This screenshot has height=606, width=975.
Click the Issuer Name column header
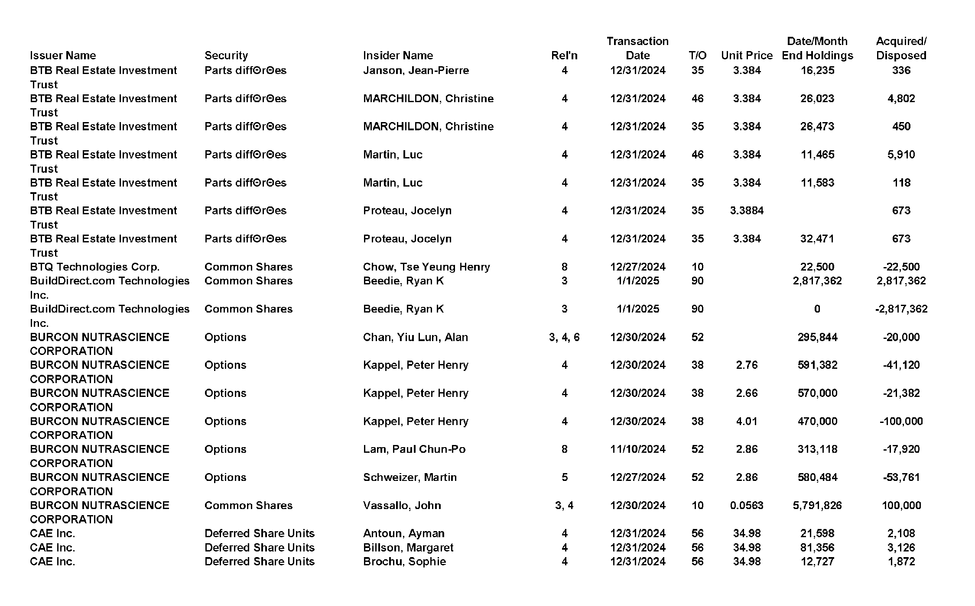pyautogui.click(x=63, y=55)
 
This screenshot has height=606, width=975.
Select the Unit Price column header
pyautogui.click(x=747, y=55)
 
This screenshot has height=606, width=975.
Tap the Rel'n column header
pyautogui.click(x=564, y=55)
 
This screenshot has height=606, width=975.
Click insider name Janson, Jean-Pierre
pyautogui.click(x=416, y=70)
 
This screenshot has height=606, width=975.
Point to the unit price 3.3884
pyautogui.click(x=747, y=210)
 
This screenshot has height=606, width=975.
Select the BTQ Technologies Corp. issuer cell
pyautogui.click(x=94, y=267)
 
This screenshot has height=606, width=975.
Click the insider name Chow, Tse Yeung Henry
pyautogui.click(x=426, y=267)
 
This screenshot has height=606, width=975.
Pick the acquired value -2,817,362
pyautogui.click(x=901, y=309)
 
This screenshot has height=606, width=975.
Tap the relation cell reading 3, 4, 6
pyautogui.click(x=564, y=337)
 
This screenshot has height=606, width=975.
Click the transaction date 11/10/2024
pyautogui.click(x=637, y=449)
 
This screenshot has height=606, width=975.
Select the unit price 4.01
pyautogui.click(x=747, y=421)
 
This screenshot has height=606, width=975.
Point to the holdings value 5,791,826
pyautogui.click(x=817, y=505)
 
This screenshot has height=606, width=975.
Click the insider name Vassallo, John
pyautogui.click(x=402, y=505)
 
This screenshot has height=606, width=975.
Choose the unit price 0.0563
pyautogui.click(x=747, y=505)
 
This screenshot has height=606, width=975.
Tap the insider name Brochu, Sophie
pyautogui.click(x=404, y=561)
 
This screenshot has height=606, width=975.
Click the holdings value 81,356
pyautogui.click(x=817, y=548)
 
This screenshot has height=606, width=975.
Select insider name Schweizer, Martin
pyautogui.click(x=409, y=477)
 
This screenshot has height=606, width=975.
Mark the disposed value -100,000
pyautogui.click(x=901, y=421)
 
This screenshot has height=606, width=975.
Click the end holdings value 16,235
pyautogui.click(x=817, y=70)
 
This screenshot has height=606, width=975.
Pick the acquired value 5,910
pyautogui.click(x=901, y=155)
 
